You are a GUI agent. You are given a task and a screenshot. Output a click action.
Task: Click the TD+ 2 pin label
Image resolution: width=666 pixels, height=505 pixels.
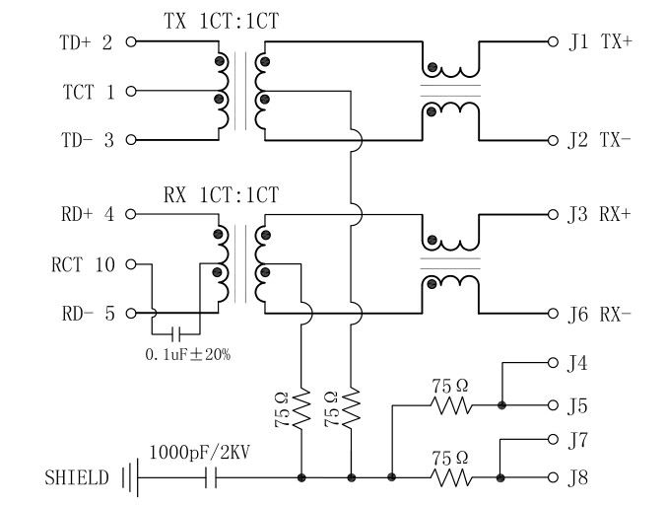coord(87,43)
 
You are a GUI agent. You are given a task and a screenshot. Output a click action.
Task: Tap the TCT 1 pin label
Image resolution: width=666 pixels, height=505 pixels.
coord(90,92)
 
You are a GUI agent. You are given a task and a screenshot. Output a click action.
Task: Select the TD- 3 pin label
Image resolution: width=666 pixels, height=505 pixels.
coord(87,141)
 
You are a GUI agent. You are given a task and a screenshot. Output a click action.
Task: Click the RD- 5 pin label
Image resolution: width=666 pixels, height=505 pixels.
coord(87,315)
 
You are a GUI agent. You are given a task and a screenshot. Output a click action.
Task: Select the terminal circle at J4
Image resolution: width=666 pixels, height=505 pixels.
coord(552,364)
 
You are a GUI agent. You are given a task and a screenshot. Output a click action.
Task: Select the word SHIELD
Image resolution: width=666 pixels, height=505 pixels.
coord(76,479)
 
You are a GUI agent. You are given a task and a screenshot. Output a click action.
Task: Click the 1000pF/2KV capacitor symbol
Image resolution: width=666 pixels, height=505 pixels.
coord(210,478)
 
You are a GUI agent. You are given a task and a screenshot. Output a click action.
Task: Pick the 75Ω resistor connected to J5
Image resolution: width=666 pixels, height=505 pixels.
coord(449,404)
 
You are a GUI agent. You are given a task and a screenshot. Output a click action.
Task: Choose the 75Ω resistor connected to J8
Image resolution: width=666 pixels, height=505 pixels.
coord(449,478)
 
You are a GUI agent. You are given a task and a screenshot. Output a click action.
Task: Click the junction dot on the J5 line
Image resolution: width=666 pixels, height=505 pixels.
coord(501,404)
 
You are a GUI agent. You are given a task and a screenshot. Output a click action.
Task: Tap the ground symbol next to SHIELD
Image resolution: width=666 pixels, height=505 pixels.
coord(128,478)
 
